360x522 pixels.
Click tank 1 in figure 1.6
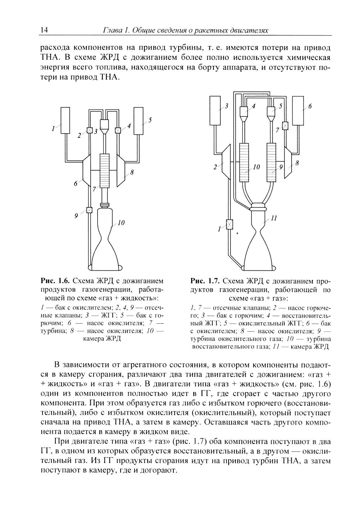tap(65, 120)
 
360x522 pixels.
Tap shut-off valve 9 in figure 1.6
tap(89, 210)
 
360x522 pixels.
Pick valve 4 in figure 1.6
tap(117, 130)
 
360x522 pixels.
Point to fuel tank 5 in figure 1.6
tap(138, 120)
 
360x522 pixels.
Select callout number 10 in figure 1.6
tap(121, 224)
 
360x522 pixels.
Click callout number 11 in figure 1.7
tap(274, 218)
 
